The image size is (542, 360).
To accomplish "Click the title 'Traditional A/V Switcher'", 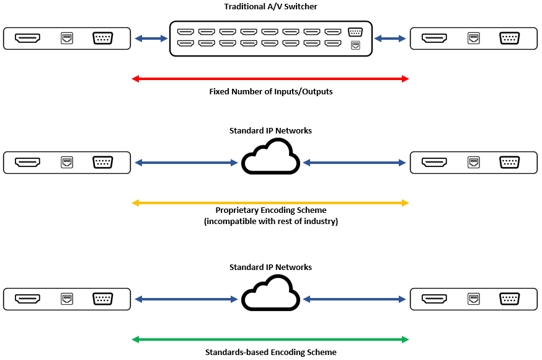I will click(x=270, y=7).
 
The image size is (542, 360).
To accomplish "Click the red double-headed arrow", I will click(x=270, y=79).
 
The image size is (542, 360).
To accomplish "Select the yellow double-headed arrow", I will click(x=270, y=203).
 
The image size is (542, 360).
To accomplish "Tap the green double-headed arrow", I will click(x=270, y=340).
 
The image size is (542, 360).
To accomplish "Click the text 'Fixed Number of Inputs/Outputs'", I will click(x=270, y=91).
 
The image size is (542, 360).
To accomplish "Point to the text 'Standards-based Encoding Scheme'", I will click(x=270, y=352).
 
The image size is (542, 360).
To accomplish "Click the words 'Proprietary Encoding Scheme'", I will click(x=270, y=210).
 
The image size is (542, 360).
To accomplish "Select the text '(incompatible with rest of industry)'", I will click(x=270, y=221).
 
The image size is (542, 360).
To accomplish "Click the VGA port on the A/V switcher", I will click(x=355, y=32).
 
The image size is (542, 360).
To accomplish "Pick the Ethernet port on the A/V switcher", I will click(x=355, y=45).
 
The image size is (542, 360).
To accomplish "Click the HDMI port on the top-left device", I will click(x=28, y=38).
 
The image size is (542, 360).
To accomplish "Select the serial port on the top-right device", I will click(x=509, y=38).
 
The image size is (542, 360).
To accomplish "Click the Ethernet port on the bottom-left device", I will click(x=67, y=299).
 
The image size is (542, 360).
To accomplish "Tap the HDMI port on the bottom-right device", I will click(x=435, y=299).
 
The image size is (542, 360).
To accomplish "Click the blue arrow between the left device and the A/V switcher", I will click(x=151, y=38).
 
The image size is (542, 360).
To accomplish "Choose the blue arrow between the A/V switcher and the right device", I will click(x=391, y=38).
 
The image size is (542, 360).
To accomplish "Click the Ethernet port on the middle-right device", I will click(x=474, y=163).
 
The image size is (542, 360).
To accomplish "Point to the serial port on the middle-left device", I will click(x=102, y=163).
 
